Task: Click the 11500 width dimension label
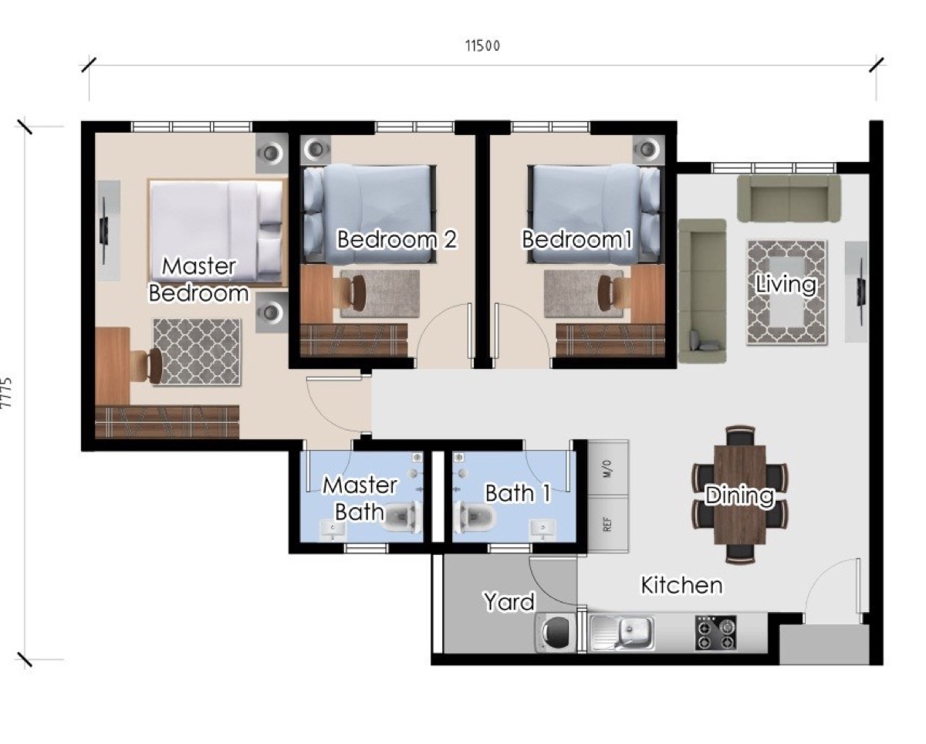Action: [482, 46]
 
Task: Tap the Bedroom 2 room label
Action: [397, 239]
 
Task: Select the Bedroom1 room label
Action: [577, 239]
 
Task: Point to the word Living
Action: [786, 284]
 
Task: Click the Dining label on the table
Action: [739, 495]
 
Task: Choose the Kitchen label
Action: [682, 586]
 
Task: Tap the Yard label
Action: [509, 600]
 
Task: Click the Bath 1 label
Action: [518, 493]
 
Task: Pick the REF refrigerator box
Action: [607, 525]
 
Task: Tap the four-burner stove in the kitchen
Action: [715, 633]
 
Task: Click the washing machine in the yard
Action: [556, 633]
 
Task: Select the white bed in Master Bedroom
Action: [217, 228]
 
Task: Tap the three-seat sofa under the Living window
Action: [788, 198]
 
